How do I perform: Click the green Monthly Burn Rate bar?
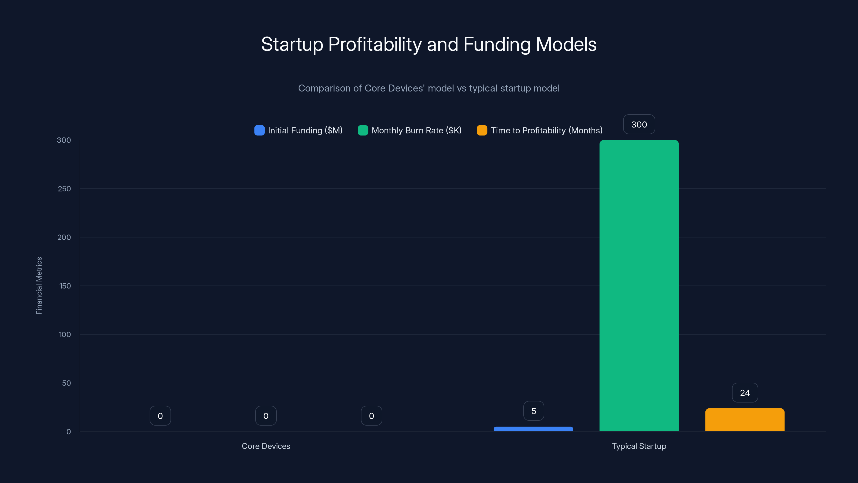tap(639, 285)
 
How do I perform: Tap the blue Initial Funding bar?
tap(533, 429)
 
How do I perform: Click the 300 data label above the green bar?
tap(639, 124)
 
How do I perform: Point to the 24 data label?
tap(745, 393)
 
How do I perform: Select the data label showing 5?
tap(534, 411)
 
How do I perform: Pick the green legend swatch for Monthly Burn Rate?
tap(363, 130)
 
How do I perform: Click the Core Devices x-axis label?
tap(266, 446)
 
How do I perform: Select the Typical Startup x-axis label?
tap(639, 446)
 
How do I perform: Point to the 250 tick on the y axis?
tap(64, 189)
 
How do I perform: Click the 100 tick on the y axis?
tap(65, 334)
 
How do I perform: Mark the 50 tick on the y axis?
tap(66, 383)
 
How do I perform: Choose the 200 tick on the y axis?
tap(64, 237)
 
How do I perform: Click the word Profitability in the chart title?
tap(375, 44)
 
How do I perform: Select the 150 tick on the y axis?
tap(65, 286)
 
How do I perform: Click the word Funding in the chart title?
tap(497, 44)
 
